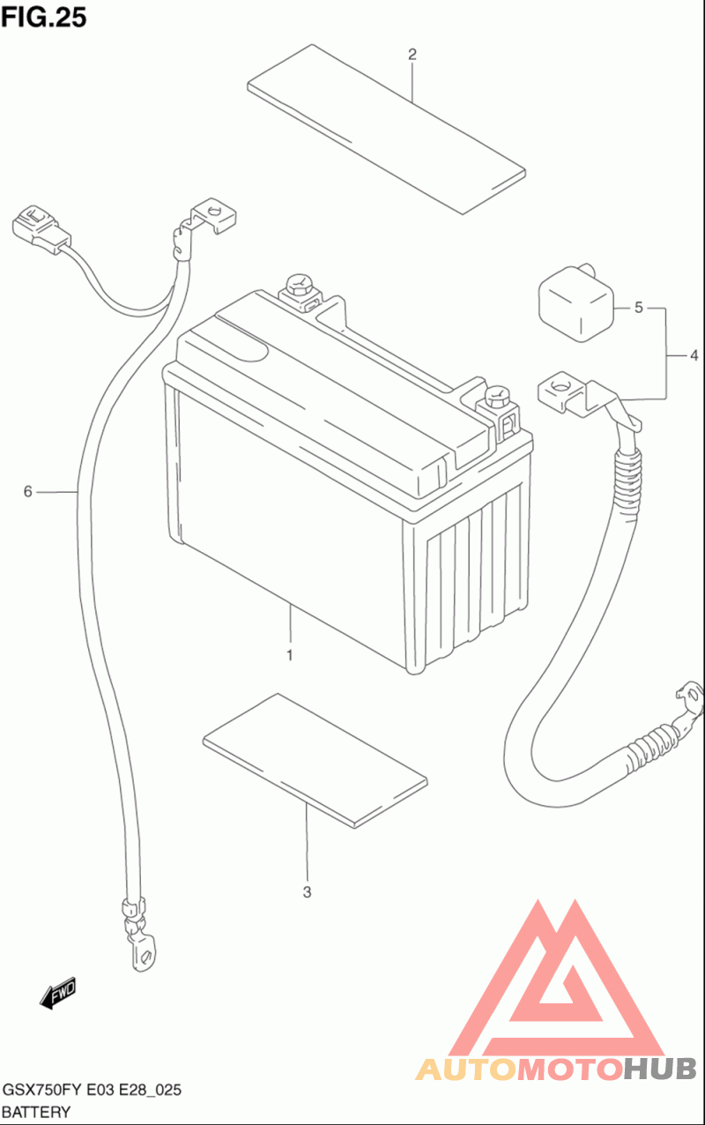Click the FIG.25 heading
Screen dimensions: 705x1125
(44, 17)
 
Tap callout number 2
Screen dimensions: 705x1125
(412, 55)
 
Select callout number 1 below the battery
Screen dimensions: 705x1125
(290, 655)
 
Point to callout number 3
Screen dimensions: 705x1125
(307, 892)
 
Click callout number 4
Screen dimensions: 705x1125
(694, 355)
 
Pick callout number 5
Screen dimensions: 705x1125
(639, 308)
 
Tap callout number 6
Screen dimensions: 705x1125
(27, 491)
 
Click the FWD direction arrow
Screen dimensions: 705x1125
(58, 993)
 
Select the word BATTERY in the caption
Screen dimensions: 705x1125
(36, 1112)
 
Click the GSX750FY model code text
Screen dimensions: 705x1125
(42, 1090)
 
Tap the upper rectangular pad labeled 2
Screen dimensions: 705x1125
(387, 129)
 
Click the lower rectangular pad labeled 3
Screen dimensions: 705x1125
(315, 761)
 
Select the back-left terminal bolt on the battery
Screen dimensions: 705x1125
(298, 287)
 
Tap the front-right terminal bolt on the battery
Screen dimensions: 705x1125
(497, 398)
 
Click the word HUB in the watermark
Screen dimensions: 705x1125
(661, 1069)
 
